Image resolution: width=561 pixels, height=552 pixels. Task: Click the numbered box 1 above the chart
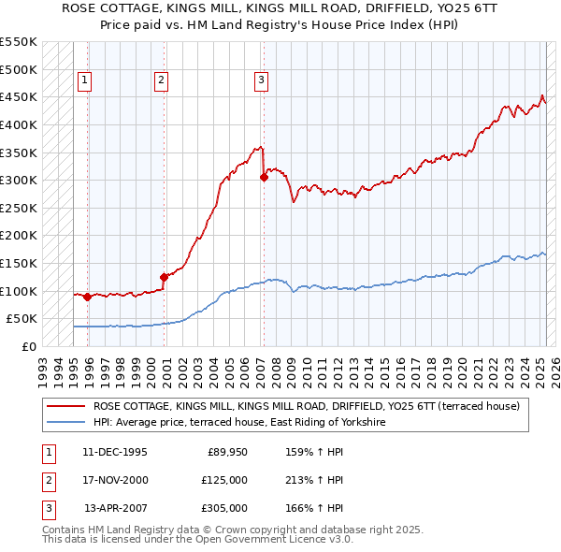coord(84,80)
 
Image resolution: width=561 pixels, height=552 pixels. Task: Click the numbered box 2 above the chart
coord(161,80)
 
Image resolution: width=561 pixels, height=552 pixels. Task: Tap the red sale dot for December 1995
coord(88,297)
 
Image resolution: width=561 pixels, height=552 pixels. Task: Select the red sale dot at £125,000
coord(164,277)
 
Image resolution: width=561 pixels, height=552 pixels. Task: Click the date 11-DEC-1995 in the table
coord(115,453)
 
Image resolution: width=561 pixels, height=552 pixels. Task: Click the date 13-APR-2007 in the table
coord(115,507)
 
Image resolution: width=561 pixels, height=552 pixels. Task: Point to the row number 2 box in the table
coord(46,480)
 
